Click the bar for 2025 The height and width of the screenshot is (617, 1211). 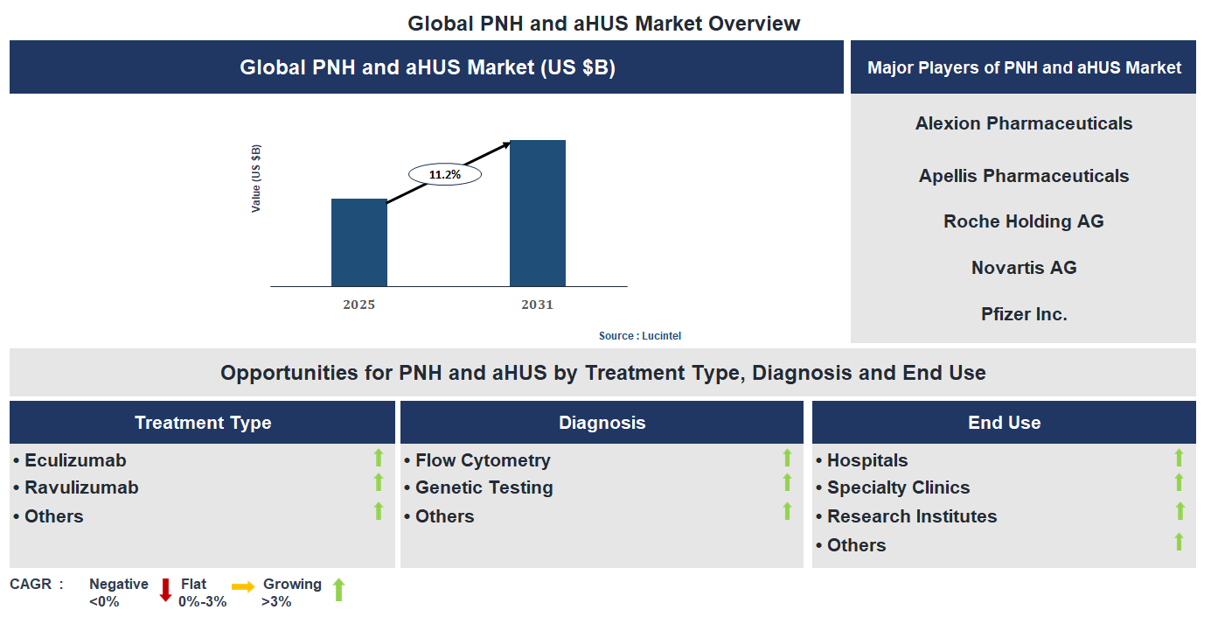(x=358, y=242)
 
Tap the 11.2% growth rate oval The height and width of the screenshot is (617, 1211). (x=445, y=174)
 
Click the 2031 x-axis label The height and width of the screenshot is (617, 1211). (x=537, y=305)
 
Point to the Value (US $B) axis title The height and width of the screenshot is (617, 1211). (x=256, y=179)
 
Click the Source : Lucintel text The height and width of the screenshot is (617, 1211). (x=639, y=336)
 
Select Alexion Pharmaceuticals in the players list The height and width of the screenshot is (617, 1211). (x=1023, y=123)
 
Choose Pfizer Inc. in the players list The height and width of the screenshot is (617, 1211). (x=1023, y=314)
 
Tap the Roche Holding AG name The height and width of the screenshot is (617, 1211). (x=1023, y=221)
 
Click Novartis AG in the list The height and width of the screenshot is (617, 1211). (x=1023, y=268)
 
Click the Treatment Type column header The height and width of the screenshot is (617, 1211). (x=203, y=423)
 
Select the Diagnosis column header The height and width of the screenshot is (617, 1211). (x=602, y=423)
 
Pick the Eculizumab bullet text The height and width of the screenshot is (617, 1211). (x=75, y=460)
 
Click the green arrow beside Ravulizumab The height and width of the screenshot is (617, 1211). (x=379, y=483)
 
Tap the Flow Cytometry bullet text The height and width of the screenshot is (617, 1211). (x=483, y=460)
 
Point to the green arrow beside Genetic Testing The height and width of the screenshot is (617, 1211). (x=787, y=483)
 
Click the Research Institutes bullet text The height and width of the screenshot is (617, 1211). (x=911, y=516)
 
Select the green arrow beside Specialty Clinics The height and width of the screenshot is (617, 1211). (x=1179, y=483)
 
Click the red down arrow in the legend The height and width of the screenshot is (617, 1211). (x=165, y=591)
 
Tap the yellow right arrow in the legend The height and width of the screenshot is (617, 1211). (x=243, y=586)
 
